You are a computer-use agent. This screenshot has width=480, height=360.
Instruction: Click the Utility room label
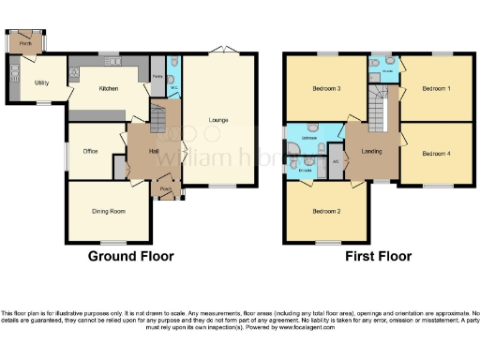42,83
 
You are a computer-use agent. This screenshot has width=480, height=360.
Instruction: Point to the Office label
90,150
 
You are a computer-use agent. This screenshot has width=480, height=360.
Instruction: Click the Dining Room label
109,211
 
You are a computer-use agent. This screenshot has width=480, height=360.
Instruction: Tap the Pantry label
157,74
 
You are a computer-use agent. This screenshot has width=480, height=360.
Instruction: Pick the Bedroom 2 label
326,211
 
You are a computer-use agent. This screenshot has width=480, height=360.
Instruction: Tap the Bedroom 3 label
325,88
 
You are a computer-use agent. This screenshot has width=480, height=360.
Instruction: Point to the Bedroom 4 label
436,153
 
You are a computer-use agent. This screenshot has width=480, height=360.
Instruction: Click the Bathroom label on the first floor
309,142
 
